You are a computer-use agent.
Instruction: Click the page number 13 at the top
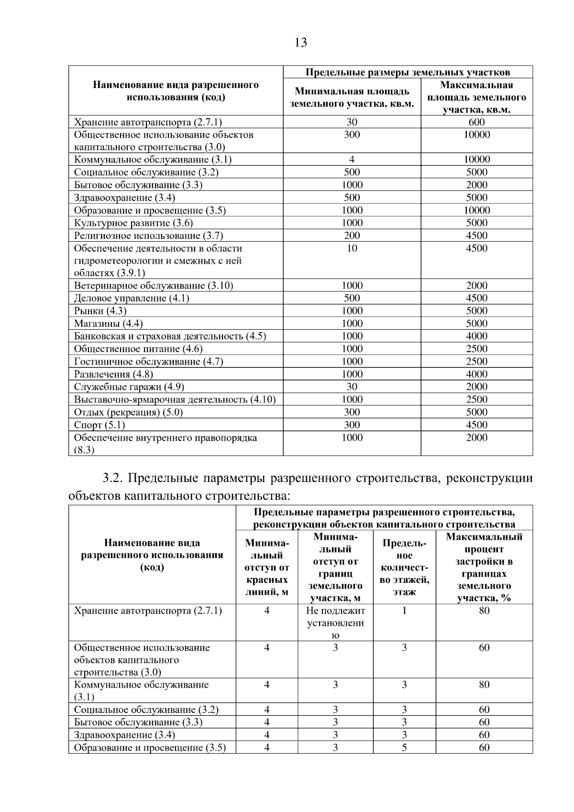[300, 43]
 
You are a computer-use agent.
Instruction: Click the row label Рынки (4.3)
[100, 311]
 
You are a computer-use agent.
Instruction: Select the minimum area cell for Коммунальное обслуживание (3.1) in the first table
[352, 160]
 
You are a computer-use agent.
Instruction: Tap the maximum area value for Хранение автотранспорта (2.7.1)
[476, 122]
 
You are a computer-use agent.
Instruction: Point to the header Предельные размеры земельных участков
[408, 72]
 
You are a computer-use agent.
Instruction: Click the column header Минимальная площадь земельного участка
[352, 98]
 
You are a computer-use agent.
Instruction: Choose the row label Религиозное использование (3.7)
[148, 235]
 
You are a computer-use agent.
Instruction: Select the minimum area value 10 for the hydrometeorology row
[352, 248]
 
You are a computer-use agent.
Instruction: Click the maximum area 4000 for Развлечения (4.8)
[476, 374]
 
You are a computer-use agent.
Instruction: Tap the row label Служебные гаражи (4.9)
[129, 387]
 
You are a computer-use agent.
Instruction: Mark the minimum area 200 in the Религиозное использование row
[352, 235]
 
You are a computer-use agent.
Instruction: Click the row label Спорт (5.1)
[99, 425]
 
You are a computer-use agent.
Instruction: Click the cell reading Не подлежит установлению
[335, 623]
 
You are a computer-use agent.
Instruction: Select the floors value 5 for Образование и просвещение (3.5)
[404, 747]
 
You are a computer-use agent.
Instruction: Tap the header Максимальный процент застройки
[484, 567]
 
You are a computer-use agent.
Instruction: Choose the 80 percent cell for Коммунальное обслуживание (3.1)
[484, 685]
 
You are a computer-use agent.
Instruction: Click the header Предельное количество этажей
[404, 567]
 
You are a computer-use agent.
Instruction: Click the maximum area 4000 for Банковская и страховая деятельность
[476, 336]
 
